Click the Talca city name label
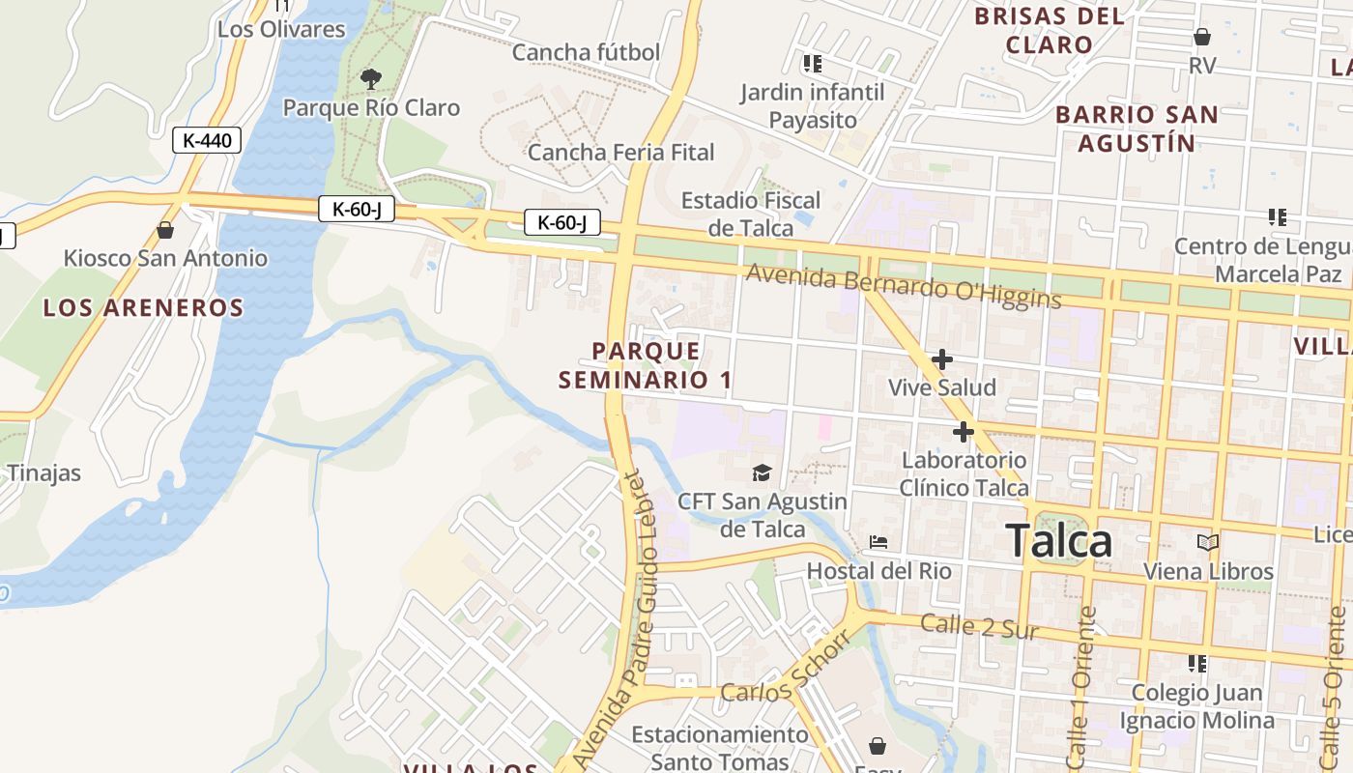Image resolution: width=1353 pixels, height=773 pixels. tap(1058, 541)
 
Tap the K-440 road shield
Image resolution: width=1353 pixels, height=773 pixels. tap(207, 140)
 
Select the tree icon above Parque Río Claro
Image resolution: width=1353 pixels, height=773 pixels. tap(370, 79)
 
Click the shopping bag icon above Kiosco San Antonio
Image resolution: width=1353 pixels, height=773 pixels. tap(165, 230)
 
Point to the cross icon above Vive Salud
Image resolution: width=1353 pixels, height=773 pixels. tap(941, 360)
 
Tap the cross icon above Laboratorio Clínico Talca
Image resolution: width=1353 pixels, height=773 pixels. tap(963, 432)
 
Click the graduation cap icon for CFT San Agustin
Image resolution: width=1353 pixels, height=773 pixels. tap(763, 472)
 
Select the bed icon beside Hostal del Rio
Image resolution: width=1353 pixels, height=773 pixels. tap(878, 542)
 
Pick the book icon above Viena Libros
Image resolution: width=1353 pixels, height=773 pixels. tap(1208, 542)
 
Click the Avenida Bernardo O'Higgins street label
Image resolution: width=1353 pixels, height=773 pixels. tap(904, 287)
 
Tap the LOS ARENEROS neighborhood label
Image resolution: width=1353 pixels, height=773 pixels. tap(143, 308)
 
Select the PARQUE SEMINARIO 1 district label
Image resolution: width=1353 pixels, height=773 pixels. tap(646, 365)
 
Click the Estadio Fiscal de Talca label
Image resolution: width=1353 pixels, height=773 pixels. tap(751, 214)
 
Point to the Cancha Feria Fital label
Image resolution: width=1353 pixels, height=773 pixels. tap(620, 152)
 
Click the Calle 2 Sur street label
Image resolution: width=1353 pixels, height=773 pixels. tap(979, 627)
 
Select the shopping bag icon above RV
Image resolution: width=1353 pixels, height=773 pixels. tap(1202, 37)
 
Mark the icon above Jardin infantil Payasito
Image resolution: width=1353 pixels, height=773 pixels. tap(812, 64)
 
